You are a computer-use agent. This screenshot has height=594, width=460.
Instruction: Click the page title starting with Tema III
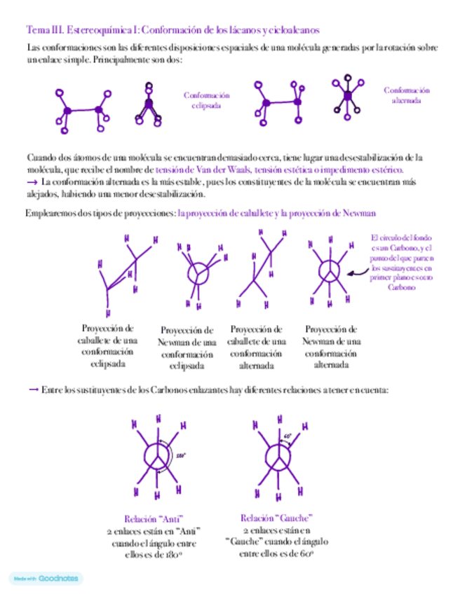pos(172,30)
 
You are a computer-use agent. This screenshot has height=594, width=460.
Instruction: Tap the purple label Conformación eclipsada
pos(206,100)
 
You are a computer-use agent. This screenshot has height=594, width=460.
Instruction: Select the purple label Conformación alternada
pos(407,95)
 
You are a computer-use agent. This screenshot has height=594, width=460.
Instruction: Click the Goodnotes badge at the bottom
pos(46,579)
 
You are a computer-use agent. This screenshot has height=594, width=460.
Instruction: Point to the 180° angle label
pos(182,455)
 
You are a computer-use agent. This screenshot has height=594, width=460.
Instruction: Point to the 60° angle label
pos(287,436)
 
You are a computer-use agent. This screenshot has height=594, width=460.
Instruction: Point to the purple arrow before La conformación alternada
pos(32,181)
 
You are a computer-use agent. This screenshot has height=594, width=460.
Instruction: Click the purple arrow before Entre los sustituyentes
pos(32,390)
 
